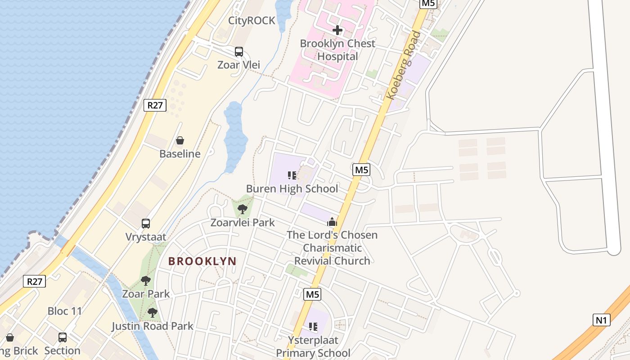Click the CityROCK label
tap(252, 21)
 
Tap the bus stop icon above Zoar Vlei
tap(239, 52)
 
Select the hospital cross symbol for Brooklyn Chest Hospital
tap(337, 31)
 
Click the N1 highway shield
tap(601, 320)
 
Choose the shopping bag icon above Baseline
tap(180, 140)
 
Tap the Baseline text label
tap(180, 154)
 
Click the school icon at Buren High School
tap(292, 175)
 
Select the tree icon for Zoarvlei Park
tap(243, 209)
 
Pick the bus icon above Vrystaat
tap(146, 224)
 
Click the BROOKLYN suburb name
tap(202, 261)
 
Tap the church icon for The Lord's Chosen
tap(332, 222)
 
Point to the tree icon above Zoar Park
tap(146, 281)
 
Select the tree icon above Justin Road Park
tap(153, 313)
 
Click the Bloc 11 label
tap(65, 311)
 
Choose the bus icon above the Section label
tap(63, 337)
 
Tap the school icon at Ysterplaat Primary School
tap(313, 327)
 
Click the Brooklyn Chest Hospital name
tap(337, 50)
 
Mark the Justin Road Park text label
tap(153, 326)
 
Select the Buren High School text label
tap(292, 189)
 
